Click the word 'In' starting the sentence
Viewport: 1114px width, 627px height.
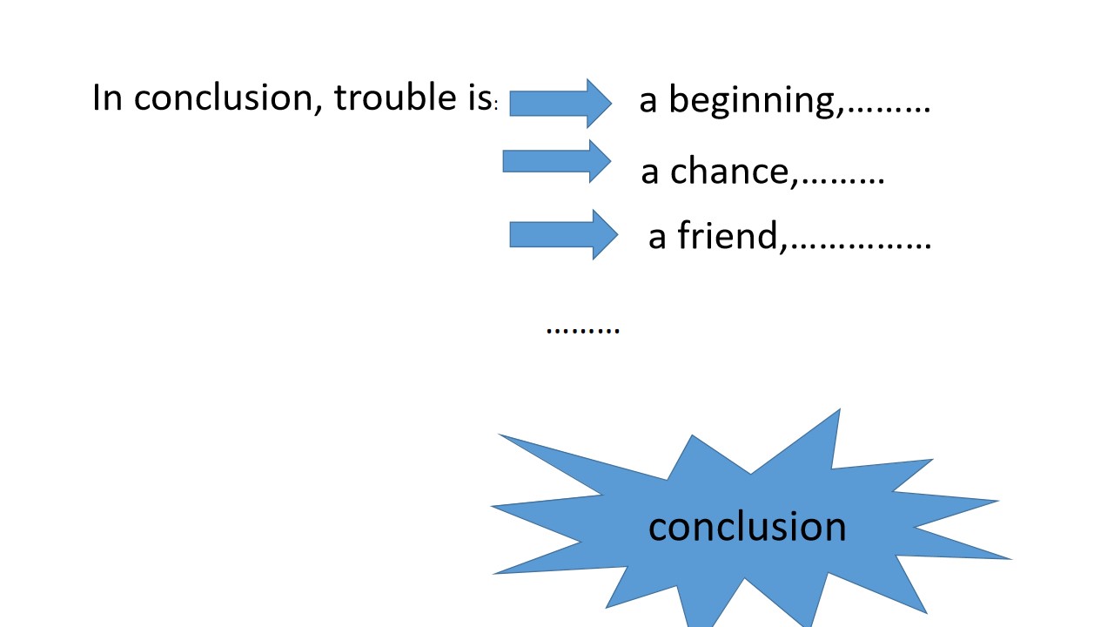107,97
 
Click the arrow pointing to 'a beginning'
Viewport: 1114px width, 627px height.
560,104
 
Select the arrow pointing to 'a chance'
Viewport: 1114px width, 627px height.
556,161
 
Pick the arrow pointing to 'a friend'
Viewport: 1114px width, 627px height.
563,234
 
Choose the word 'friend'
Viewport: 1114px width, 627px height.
728,235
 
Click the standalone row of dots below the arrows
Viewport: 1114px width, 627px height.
583,330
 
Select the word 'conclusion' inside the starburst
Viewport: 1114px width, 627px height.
747,527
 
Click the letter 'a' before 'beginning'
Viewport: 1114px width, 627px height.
648,102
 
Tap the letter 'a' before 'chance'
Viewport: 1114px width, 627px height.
650,173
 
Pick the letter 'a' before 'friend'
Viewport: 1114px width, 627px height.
657,238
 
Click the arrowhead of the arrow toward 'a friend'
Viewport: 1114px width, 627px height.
605,234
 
